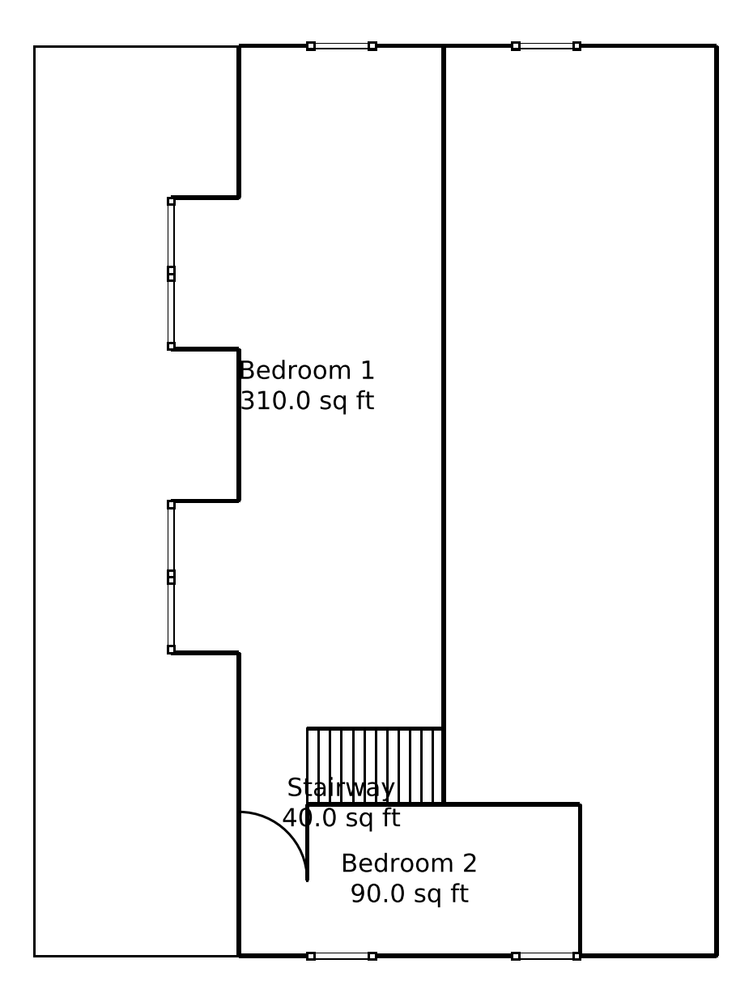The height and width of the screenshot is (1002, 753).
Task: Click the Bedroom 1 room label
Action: tap(307, 370)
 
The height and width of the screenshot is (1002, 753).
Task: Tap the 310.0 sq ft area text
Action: tap(307, 401)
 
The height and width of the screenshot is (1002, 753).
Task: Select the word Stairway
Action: tap(341, 788)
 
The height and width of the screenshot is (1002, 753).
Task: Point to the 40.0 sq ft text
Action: tap(341, 818)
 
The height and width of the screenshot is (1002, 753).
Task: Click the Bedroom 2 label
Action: tap(409, 863)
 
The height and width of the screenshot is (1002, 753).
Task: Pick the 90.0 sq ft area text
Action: tap(409, 893)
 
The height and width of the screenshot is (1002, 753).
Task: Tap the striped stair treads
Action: tap(375, 765)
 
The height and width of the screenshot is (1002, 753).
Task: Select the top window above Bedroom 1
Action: tap(342, 46)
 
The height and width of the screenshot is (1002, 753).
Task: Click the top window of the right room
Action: tap(546, 46)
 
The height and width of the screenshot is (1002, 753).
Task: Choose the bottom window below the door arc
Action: tap(342, 957)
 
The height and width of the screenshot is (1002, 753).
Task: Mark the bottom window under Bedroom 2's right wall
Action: tap(546, 957)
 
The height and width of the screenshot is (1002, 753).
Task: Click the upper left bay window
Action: tap(171, 274)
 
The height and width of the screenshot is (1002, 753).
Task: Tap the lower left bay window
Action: tap(171, 577)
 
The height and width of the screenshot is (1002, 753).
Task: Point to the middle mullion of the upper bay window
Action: tap(171, 274)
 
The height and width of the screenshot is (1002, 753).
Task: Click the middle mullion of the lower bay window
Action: tap(171, 577)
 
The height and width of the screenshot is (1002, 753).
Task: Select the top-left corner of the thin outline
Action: tap(35, 46)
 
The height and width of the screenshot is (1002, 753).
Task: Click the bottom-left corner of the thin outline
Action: tap(35, 957)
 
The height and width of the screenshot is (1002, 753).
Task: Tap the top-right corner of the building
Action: tap(717, 46)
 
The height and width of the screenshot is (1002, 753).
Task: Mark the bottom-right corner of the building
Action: tap(717, 957)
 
